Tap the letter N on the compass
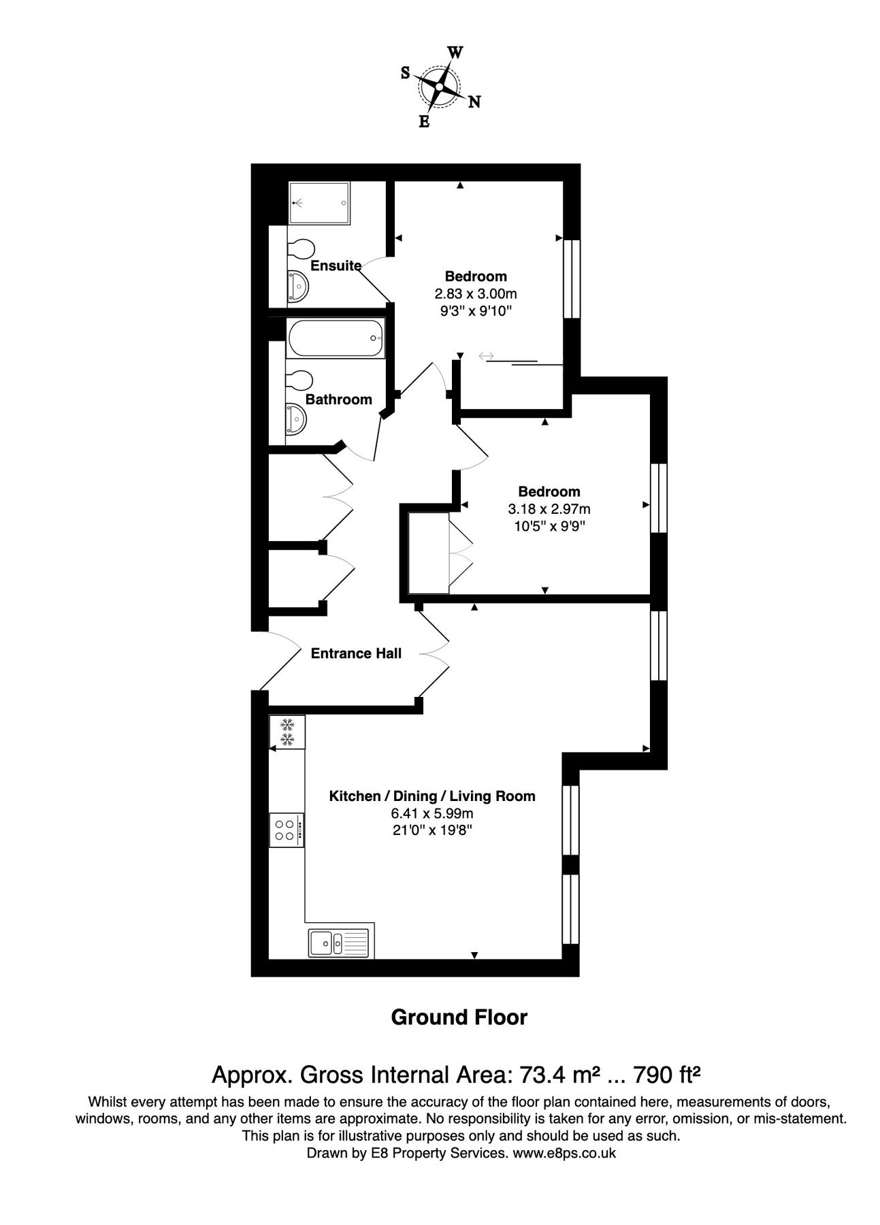(x=474, y=102)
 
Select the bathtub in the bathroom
(x=336, y=338)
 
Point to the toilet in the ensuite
(x=300, y=248)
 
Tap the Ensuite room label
(x=336, y=265)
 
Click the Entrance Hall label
(x=356, y=653)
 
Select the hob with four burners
(x=287, y=830)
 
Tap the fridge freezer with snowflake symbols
(x=287, y=732)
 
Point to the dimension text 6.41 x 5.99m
(x=432, y=813)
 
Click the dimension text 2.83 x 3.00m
(x=476, y=294)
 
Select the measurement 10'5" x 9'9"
(x=549, y=526)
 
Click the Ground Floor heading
(x=459, y=1017)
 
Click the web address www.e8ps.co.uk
(x=564, y=1153)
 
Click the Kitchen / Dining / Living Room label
(x=432, y=796)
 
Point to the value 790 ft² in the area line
(x=667, y=1075)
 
